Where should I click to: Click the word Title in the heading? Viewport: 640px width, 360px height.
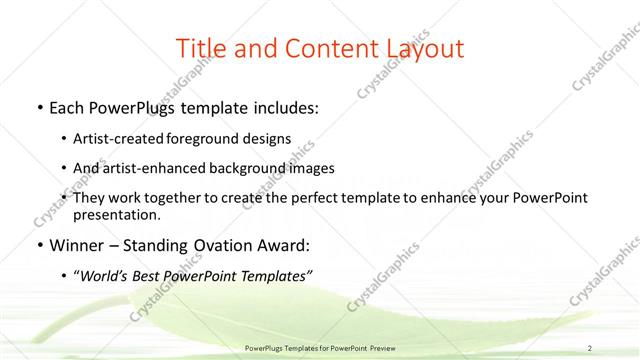click(x=200, y=48)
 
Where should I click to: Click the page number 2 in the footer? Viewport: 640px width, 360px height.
click(x=590, y=348)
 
